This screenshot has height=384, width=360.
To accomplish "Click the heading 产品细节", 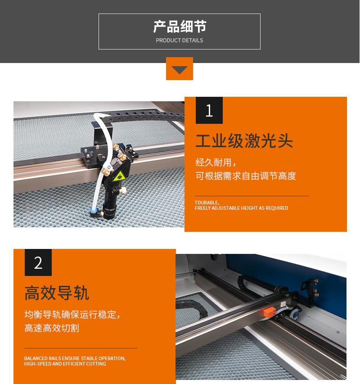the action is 180,27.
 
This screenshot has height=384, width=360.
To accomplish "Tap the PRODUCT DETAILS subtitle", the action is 180,41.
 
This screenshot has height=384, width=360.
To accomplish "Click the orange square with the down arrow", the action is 180,68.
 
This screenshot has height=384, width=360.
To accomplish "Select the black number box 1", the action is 209,110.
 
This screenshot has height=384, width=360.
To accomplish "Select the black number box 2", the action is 38,262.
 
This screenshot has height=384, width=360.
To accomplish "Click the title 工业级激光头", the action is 244,141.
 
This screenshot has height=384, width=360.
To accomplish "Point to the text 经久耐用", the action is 213,163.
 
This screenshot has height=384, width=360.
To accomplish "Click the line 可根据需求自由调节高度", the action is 246,176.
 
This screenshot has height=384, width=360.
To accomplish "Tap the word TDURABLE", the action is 207,203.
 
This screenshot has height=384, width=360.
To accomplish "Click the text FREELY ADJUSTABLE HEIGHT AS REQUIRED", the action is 241,208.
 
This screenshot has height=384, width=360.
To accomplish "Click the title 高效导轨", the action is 57,293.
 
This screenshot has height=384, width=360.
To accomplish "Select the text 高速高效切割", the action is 52,328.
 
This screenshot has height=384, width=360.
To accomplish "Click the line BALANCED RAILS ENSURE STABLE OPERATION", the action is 75,358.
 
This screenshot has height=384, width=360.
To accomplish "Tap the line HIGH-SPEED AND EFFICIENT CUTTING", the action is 65,364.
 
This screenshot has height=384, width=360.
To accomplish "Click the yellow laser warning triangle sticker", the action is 119,176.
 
